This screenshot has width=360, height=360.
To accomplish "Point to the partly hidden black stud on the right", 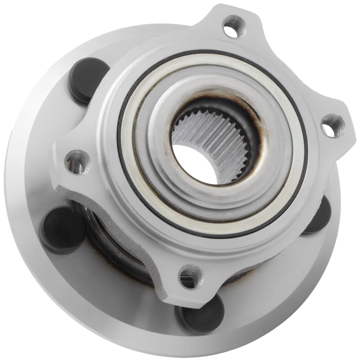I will click(x=319, y=216).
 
